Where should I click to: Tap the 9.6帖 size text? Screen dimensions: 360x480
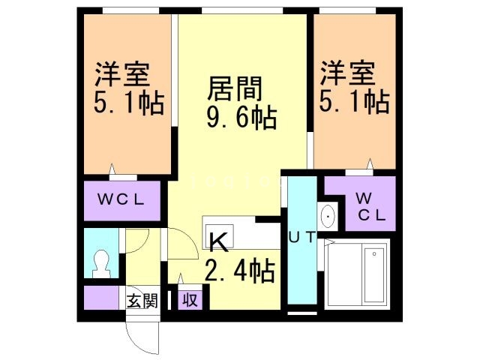coord(241,118)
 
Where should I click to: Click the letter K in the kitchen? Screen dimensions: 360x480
coord(217,242)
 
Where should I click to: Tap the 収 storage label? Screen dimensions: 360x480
coord(190,301)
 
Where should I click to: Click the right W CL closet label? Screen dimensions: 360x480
coord(370,207)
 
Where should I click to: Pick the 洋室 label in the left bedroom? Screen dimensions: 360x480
coord(122,75)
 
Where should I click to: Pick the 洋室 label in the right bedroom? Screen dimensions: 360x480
coord(349,75)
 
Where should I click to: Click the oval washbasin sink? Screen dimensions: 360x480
coord(328,217)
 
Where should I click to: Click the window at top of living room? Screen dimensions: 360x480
coord(241,10)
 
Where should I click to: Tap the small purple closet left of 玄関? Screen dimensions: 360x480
coord(102,298)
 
